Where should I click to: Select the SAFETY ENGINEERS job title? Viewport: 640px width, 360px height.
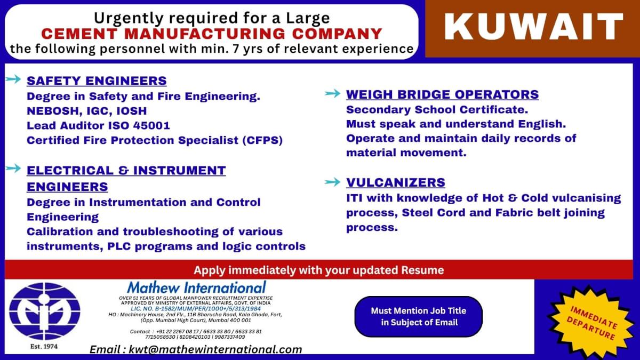[x=97, y=81]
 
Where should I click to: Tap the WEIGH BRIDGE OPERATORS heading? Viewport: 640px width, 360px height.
[x=442, y=95]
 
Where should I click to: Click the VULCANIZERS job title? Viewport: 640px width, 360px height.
[x=395, y=182]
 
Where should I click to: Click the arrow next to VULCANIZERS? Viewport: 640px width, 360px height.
[x=333, y=182]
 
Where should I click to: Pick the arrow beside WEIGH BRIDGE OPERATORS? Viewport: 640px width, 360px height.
[x=333, y=94]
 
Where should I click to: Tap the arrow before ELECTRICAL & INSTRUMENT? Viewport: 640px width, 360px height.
[x=13, y=169]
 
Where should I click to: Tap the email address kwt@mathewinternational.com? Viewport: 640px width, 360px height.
[x=196, y=350]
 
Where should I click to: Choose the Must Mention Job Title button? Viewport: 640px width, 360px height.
[x=419, y=317]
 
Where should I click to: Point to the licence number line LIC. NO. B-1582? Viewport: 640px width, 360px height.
[x=196, y=309]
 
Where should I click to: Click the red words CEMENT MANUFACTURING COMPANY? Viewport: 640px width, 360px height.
[x=212, y=34]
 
